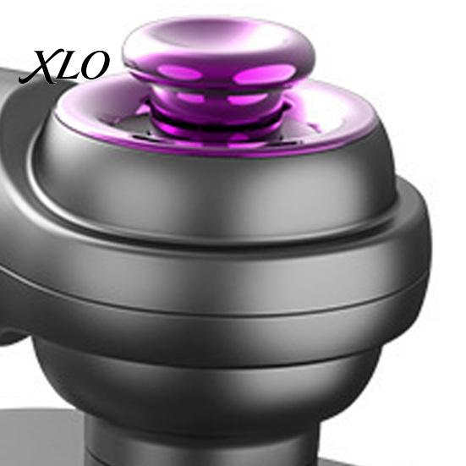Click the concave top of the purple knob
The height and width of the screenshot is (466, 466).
[x=218, y=37]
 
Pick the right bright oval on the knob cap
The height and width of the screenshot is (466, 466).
[x=264, y=74]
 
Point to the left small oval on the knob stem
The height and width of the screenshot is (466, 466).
[x=189, y=97]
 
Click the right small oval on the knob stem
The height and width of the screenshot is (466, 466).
[x=247, y=99]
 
